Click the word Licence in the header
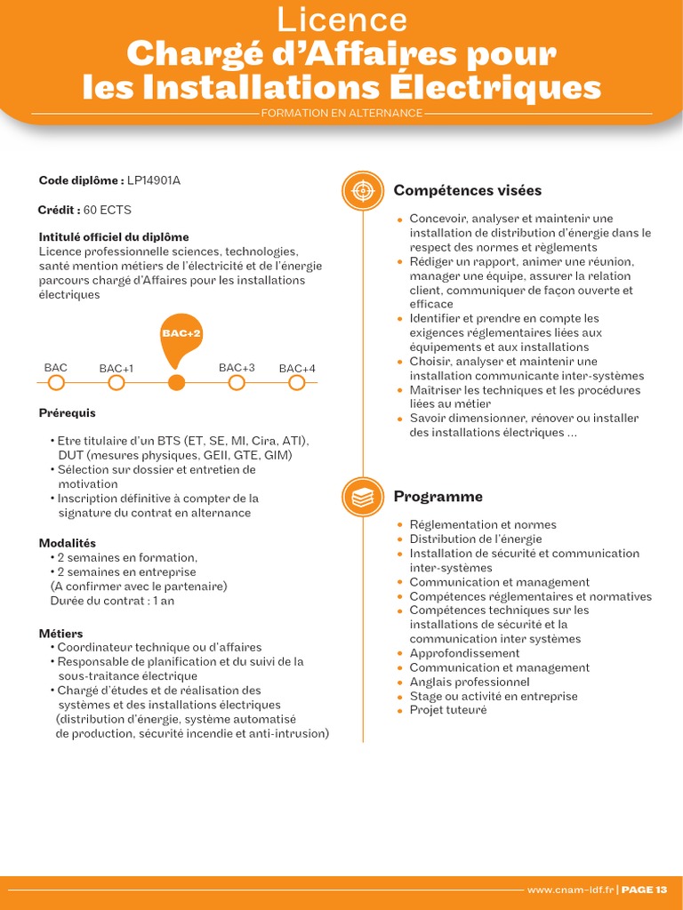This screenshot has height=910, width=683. point(341,20)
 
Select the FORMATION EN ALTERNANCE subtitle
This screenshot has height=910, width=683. point(341,113)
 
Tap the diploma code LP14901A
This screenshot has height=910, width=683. point(154,180)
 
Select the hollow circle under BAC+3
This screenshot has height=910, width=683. point(237,383)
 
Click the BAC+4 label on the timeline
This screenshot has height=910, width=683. point(297,369)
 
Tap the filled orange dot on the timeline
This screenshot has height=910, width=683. point(177,383)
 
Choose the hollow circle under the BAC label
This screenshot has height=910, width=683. point(56,383)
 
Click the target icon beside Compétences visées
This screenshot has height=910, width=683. point(363,191)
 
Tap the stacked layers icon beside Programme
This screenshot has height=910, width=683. point(363,498)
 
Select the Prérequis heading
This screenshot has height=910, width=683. point(68,413)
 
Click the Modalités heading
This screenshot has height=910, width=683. point(68,543)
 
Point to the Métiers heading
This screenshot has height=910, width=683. point(61,634)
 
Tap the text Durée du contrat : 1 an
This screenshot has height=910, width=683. point(112,601)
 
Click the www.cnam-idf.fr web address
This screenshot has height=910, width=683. point(569,890)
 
